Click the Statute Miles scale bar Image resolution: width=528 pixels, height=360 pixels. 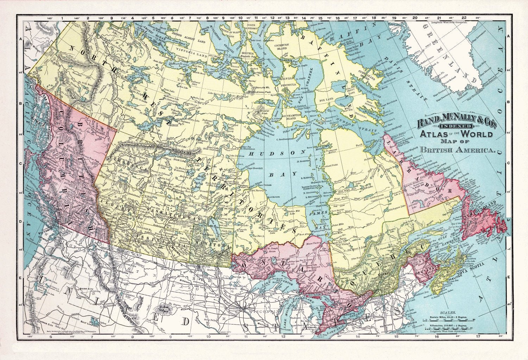(x=447, y=320)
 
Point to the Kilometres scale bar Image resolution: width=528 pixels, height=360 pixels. (x=447, y=329)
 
